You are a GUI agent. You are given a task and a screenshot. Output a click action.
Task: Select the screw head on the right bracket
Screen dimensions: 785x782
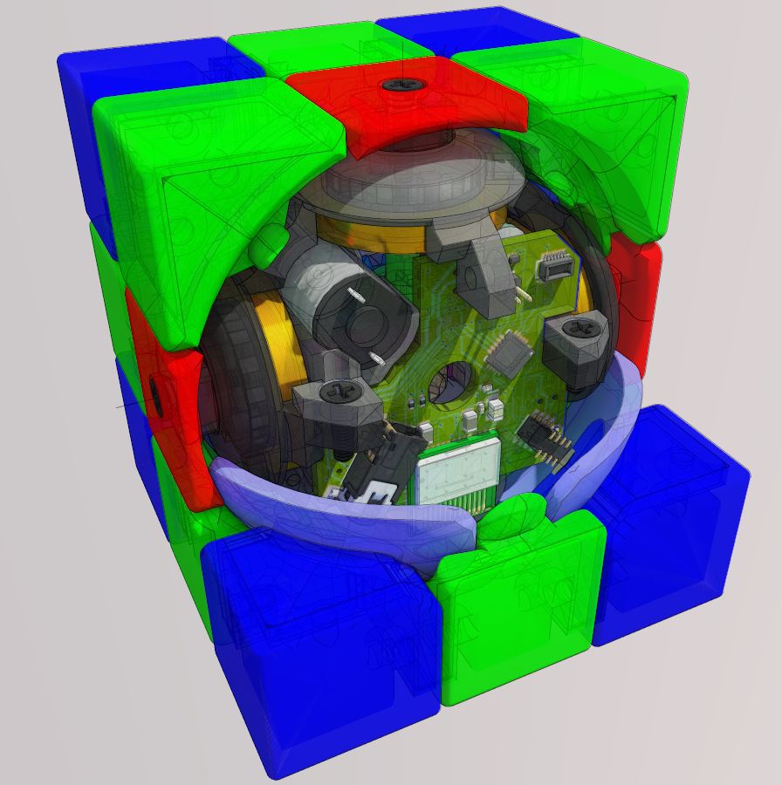578,329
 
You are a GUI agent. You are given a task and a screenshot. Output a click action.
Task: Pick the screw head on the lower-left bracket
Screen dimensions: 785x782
340,392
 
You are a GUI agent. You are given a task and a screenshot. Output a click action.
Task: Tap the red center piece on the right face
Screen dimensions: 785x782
635,297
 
